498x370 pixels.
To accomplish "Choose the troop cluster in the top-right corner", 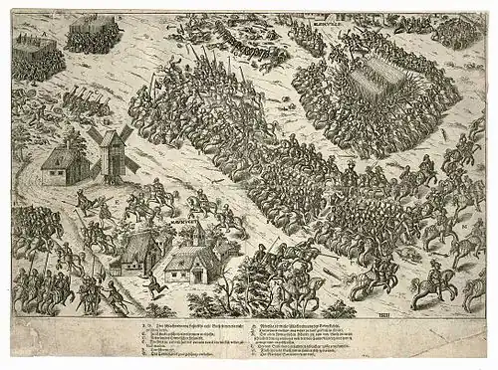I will coord(458,33).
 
